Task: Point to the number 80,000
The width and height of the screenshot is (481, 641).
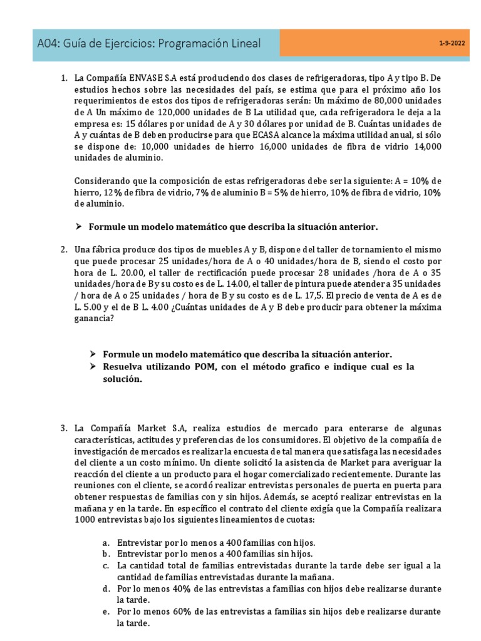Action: (x=390, y=101)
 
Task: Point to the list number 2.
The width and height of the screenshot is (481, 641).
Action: (x=64, y=250)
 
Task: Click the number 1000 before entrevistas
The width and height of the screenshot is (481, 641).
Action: (x=85, y=520)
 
